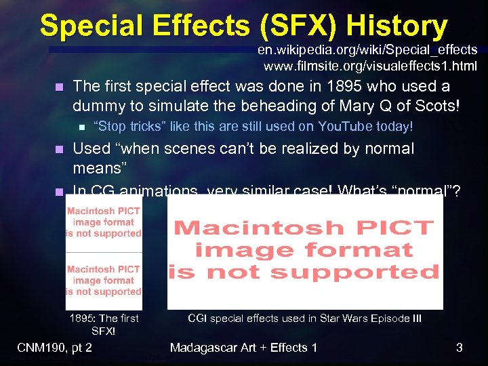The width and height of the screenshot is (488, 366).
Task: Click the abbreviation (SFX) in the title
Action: [x=301, y=26]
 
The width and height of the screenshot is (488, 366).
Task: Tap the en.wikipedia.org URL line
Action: [x=367, y=50]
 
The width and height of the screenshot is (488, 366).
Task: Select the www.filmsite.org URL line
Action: [x=370, y=66]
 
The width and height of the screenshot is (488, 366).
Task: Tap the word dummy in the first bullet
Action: [x=96, y=106]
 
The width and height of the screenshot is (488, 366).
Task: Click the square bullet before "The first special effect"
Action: [x=59, y=87]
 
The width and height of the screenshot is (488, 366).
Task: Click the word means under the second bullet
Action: [x=96, y=167]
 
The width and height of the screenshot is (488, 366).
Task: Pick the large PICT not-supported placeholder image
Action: [x=305, y=251]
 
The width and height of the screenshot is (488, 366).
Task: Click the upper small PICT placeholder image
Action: [x=104, y=222]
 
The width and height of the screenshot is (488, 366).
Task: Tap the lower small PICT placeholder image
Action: [x=104, y=280]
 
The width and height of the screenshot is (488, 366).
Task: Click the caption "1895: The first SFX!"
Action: [x=104, y=325]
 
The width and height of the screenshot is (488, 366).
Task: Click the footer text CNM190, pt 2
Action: [x=55, y=348]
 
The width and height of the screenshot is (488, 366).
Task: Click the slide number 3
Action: [x=459, y=348]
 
